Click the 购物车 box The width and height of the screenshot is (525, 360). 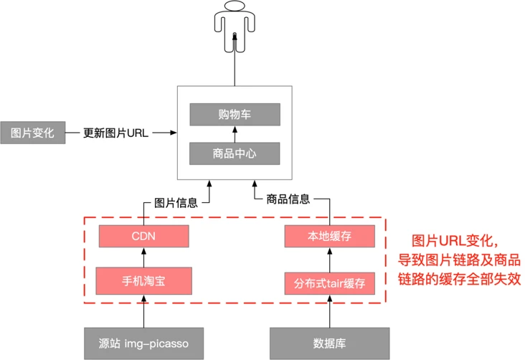[x=235, y=115]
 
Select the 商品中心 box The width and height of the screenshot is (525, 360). [x=235, y=153]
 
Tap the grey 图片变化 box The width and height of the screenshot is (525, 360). [x=32, y=133]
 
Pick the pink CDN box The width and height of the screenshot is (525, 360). [x=143, y=236]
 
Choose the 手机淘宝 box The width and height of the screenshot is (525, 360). [x=143, y=280]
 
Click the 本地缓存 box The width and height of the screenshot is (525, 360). [x=329, y=236]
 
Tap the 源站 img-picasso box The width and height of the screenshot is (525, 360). [x=143, y=343]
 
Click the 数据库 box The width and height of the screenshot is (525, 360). [x=329, y=343]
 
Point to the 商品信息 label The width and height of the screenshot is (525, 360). [x=288, y=199]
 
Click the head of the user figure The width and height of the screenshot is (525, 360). [x=235, y=9]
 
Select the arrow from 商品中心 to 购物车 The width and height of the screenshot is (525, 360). [x=235, y=134]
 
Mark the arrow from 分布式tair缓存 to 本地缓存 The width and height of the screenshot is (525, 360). [x=329, y=260]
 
